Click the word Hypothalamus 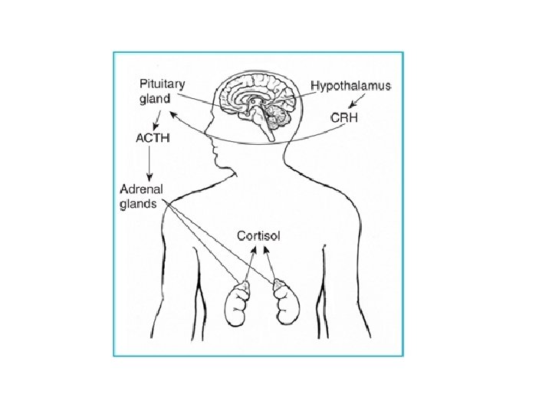tap(352, 87)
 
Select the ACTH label tap(153, 138)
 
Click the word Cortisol tap(258, 235)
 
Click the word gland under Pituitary tap(155, 98)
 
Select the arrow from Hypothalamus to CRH tap(353, 101)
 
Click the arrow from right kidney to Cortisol tap(271, 264)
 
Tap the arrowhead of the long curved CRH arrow tap(172, 113)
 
